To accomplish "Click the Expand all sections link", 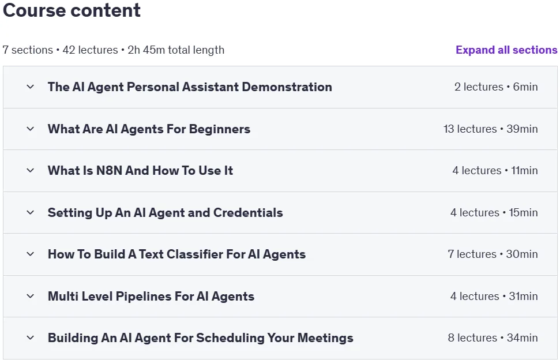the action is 506,50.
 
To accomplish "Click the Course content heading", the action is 72,10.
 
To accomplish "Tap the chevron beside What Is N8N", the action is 31,170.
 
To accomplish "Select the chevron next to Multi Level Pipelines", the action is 31,296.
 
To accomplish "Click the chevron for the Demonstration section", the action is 31,87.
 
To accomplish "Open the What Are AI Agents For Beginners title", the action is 149,129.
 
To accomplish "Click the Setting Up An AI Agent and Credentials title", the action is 166,212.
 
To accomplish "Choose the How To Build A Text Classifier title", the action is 177,254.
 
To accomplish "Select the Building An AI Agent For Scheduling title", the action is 200,338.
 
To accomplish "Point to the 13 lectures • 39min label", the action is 490,129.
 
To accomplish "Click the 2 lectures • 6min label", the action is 496,87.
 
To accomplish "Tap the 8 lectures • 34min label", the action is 493,338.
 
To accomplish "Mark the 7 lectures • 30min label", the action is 493,254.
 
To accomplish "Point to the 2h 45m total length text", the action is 176,50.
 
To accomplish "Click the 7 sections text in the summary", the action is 28,50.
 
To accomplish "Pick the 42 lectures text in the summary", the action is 90,50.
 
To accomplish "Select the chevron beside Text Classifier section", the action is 31,254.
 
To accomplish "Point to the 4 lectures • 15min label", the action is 494,212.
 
